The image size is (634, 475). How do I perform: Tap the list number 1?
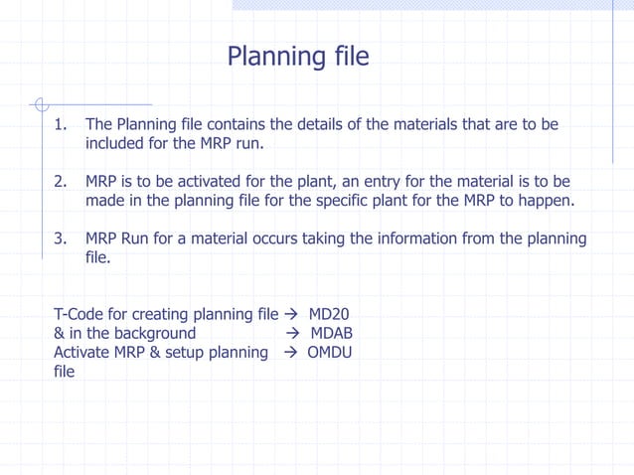point(60,125)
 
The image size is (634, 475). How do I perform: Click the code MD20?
point(329,315)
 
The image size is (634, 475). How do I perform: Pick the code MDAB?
point(332,334)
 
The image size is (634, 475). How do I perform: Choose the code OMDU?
point(330,353)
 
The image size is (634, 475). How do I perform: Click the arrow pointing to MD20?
point(291,315)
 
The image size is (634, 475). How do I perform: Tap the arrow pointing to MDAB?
point(292,334)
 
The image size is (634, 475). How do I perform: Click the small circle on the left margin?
point(39,103)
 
